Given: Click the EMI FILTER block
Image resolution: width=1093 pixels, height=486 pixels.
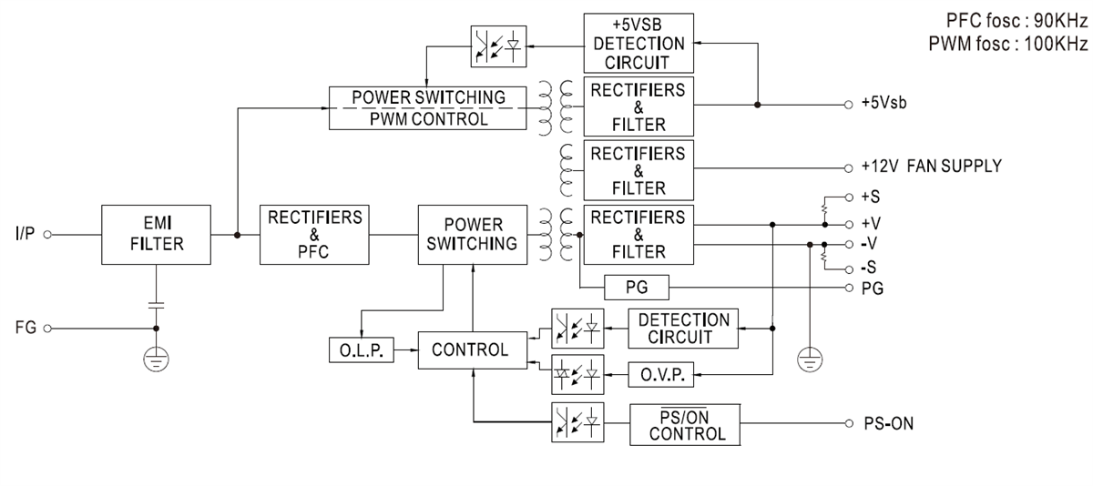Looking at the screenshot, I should click(x=156, y=234).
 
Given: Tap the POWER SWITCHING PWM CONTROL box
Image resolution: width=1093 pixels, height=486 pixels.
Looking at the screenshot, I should click(x=428, y=107).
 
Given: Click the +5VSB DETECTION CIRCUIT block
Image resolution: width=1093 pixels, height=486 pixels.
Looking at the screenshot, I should click(x=638, y=43).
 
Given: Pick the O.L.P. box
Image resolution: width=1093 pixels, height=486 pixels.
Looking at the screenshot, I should click(x=358, y=349).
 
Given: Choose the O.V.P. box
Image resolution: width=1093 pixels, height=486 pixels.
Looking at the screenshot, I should click(x=661, y=373).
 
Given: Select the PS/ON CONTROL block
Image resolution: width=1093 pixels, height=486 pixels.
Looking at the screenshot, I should click(x=685, y=423).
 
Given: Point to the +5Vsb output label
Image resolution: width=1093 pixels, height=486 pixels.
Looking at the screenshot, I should click(x=883, y=105).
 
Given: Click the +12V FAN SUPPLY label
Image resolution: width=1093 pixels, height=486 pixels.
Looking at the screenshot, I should click(x=930, y=167).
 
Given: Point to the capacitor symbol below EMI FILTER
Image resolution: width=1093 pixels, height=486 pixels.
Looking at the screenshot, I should click(x=156, y=301).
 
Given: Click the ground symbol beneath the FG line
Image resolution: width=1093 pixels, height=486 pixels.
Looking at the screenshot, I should click(x=156, y=360).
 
